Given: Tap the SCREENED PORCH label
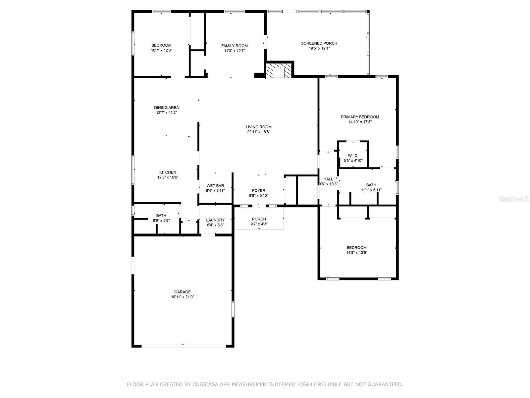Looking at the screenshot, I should tap(319, 43).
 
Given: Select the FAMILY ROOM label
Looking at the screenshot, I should tap(235, 46).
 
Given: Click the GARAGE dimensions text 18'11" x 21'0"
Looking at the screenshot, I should tap(183, 297).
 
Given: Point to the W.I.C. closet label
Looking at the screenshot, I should tap(353, 156).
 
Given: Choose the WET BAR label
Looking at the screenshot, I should tap(215, 186).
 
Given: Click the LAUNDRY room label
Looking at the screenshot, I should tap(215, 220).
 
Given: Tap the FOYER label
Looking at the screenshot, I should tap(258, 190).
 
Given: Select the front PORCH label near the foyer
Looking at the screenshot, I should tap(259, 219).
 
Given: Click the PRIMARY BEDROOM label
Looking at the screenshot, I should tap(360, 117).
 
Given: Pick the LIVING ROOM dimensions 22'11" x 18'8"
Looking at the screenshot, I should tap(258, 132).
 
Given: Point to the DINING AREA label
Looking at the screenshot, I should tap(166, 107).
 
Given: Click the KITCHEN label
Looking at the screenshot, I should tap(168, 172).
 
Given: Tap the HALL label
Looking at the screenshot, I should tap(328, 179).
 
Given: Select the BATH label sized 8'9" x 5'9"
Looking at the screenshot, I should tap(161, 216).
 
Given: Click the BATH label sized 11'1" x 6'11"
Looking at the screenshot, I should tap(371, 185).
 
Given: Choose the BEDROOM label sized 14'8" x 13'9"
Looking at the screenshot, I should tap(356, 247).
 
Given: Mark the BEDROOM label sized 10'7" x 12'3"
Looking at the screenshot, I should tap(161, 45).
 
